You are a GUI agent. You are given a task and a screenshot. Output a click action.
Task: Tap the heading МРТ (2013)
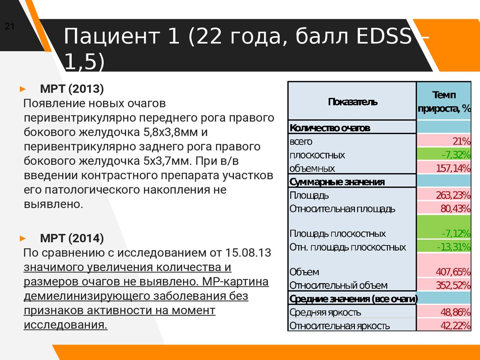(x=72, y=89)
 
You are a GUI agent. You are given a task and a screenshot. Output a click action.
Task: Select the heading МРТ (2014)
(x=72, y=238)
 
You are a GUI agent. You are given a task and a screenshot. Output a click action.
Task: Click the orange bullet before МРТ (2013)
(x=23, y=89)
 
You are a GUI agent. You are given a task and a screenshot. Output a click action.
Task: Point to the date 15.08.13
(x=247, y=253)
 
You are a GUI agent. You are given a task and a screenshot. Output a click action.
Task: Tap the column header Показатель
(x=352, y=102)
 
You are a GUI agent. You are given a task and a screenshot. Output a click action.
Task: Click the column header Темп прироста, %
(x=443, y=102)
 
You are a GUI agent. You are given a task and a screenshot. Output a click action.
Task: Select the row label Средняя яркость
(x=325, y=312)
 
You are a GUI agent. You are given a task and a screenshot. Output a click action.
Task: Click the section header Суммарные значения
(x=337, y=181)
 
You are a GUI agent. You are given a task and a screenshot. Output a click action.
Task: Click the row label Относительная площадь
(x=342, y=209)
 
